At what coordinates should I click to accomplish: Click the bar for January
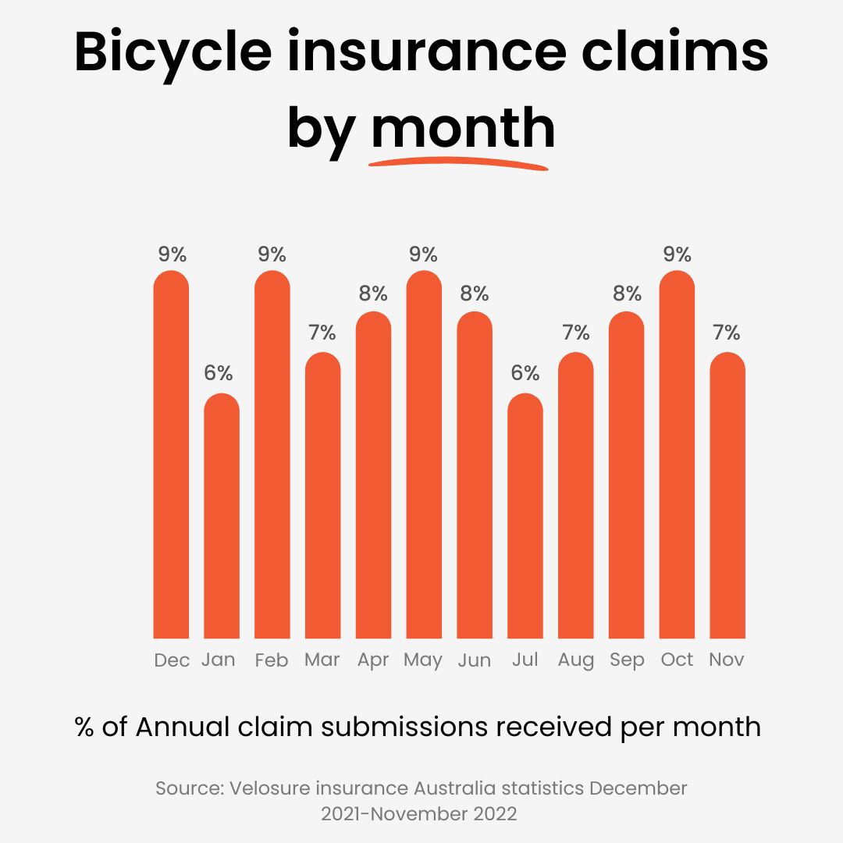[x=222, y=515]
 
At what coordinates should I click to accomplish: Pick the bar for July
[x=525, y=515]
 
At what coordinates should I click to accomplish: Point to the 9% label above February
[x=272, y=254]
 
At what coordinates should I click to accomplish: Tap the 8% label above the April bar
[x=373, y=294]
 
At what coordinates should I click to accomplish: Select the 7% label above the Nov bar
[x=727, y=333]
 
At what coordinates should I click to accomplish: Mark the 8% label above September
[x=627, y=294]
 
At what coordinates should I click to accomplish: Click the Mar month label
[x=322, y=660]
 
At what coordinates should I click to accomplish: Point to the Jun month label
[x=475, y=660]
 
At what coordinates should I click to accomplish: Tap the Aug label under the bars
[x=576, y=660]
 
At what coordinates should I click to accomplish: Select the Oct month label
[x=677, y=660]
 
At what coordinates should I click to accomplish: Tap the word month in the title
[x=462, y=128]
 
